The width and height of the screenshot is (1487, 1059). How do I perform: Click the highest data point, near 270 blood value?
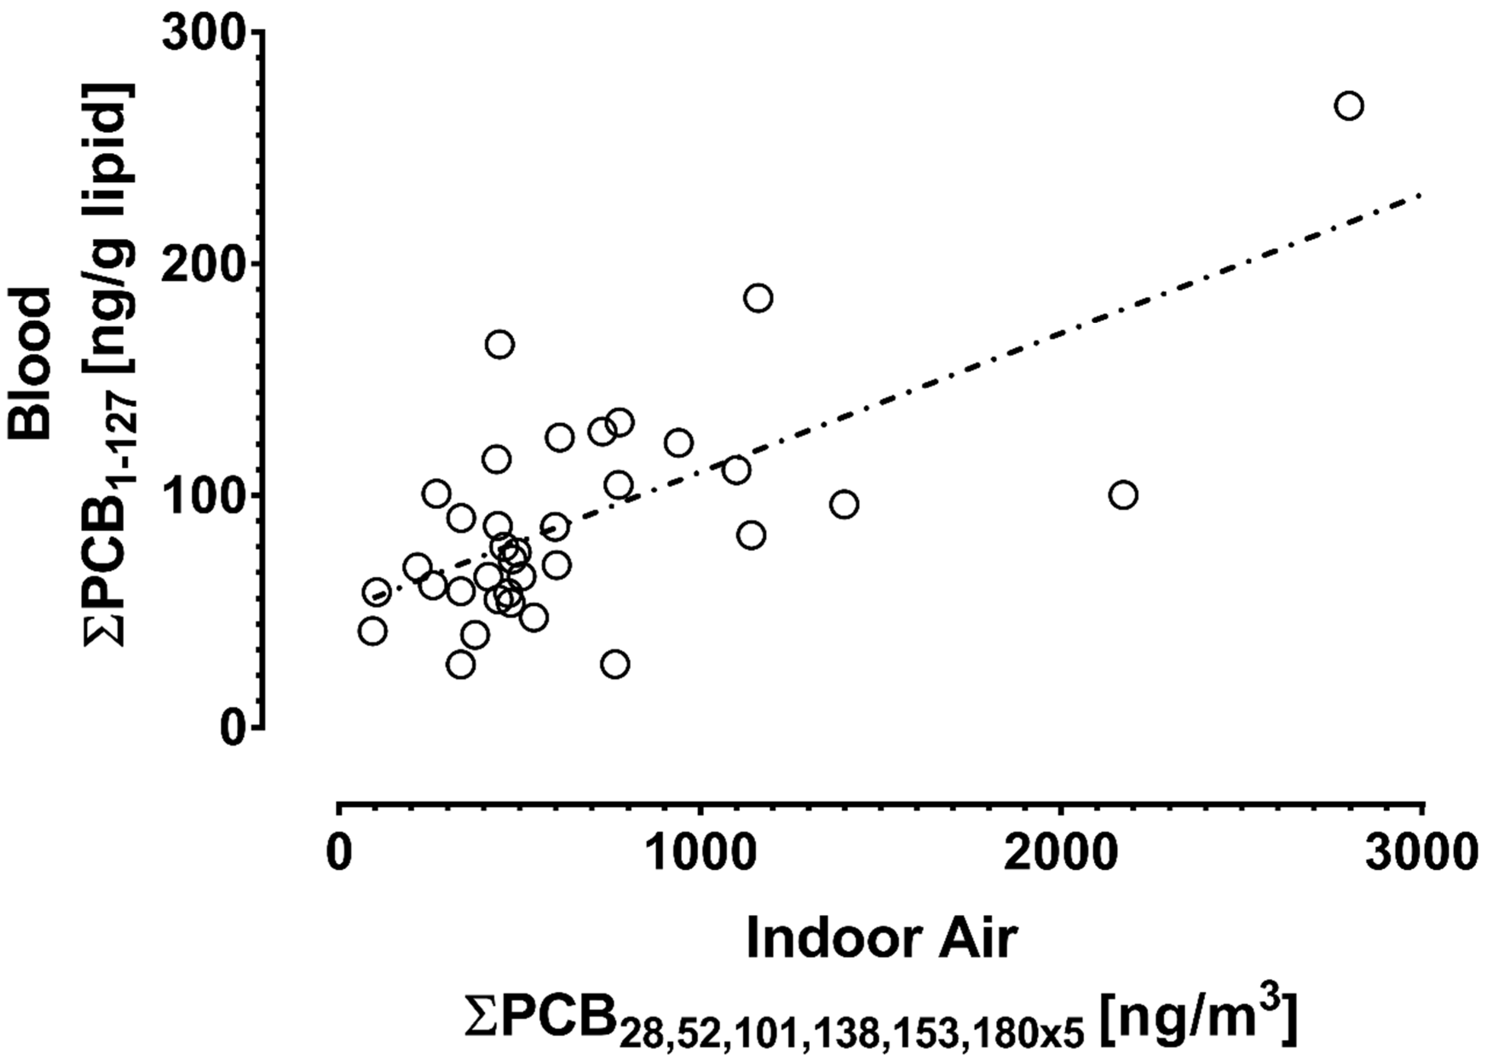click(x=1349, y=106)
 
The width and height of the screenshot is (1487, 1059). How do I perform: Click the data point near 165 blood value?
click(x=500, y=344)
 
